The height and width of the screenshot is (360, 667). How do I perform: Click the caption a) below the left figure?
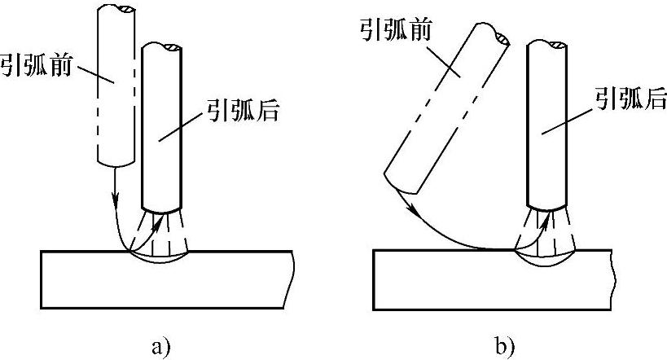[161, 346]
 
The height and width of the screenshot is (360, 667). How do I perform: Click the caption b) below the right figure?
[504, 346]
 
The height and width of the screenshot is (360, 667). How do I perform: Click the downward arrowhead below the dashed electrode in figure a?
[115, 198]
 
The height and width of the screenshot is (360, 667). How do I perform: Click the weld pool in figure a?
[161, 258]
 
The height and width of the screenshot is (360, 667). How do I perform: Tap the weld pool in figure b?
[544, 258]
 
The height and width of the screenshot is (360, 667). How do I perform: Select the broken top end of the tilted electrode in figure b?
[495, 35]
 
